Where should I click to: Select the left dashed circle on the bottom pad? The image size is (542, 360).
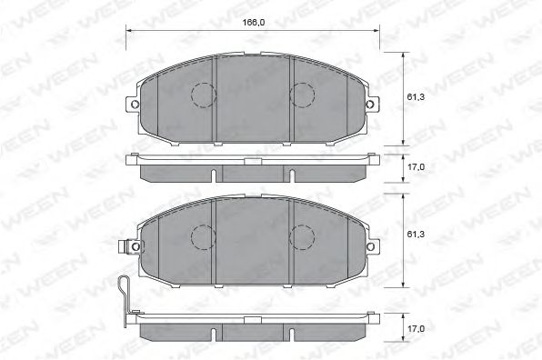202,237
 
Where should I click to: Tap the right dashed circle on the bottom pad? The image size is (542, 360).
301,237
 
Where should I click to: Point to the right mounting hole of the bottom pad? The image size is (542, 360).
369,246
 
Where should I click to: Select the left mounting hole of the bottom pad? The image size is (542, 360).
135,246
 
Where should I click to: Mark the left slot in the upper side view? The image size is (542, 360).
212,174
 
